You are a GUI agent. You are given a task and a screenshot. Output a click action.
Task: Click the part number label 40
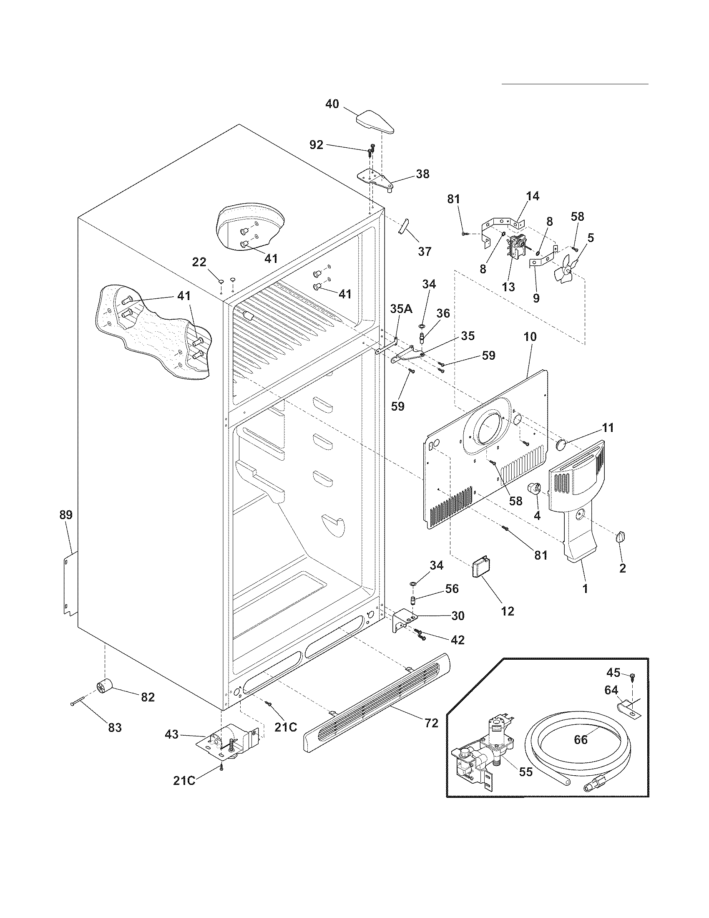pyautogui.click(x=332, y=104)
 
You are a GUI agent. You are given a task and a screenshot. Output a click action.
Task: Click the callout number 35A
pyautogui.click(x=401, y=309)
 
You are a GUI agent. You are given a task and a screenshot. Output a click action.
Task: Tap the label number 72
pyautogui.click(x=431, y=723)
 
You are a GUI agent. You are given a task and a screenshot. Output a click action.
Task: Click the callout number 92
pyautogui.click(x=316, y=145)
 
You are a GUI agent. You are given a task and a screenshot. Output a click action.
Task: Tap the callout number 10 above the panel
pyautogui.click(x=530, y=337)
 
